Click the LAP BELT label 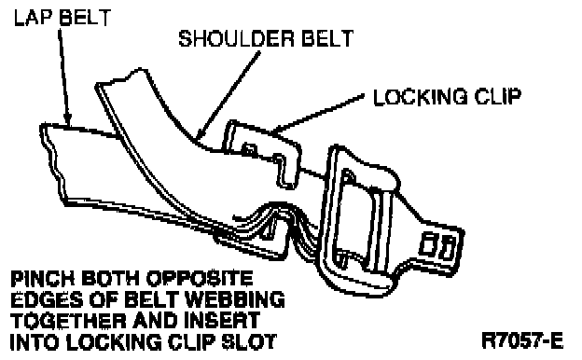pos(62,18)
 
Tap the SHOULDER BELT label pos(266,38)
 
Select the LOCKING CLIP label pos(448,96)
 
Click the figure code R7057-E pos(522,340)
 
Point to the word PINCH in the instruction pos(43,278)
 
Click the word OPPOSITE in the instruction pos(200,278)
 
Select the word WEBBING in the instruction pos(235,299)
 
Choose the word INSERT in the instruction pos(222,320)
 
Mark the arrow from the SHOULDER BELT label pos(228,95)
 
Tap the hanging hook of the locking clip pos(285,170)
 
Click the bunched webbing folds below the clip pos(274,227)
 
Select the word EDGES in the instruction pos(47,299)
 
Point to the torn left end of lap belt pos(52,163)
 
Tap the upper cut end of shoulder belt pos(122,77)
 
